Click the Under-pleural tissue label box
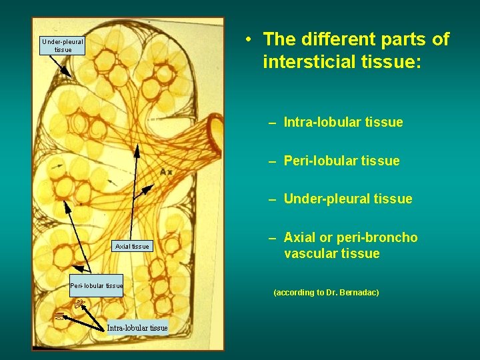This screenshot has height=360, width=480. (x=63, y=45)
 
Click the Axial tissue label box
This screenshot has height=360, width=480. (x=132, y=247)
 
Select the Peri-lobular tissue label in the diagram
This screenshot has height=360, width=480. (x=97, y=286)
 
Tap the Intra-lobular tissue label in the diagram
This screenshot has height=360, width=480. (x=137, y=327)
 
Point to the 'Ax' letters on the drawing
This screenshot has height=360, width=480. (x=166, y=172)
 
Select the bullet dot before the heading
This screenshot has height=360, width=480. (x=247, y=39)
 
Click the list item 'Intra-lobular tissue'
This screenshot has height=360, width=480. (x=343, y=122)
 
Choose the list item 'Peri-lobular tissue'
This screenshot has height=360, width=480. (x=341, y=161)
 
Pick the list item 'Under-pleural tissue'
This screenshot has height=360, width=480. (x=348, y=199)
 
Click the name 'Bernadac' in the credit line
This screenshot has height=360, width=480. (x=357, y=293)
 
